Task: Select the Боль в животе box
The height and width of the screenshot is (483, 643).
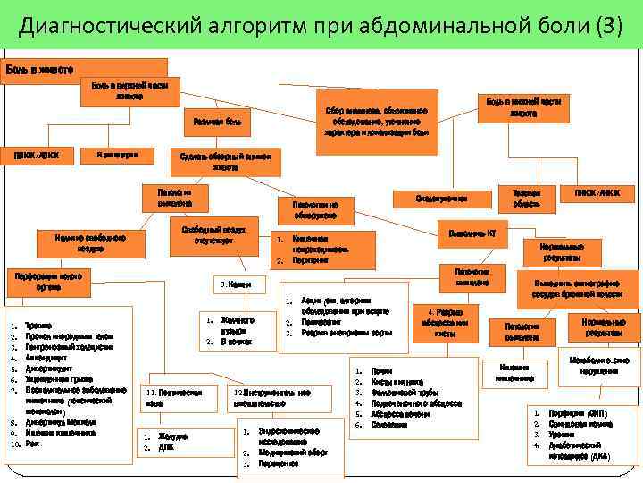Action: [x=41, y=69]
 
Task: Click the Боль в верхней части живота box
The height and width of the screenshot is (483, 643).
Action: [x=129, y=89]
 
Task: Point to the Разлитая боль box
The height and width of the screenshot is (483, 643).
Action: [x=218, y=121]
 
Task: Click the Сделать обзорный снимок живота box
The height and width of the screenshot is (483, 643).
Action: [x=225, y=159]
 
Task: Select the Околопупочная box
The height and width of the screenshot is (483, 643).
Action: [x=440, y=197]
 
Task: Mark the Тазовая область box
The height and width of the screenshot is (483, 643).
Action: [x=525, y=198]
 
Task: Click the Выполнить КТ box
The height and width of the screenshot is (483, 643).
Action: [x=472, y=233]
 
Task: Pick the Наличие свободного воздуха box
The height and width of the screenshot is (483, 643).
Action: [x=88, y=242]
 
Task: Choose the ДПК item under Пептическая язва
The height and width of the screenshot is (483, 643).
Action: [x=166, y=447]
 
